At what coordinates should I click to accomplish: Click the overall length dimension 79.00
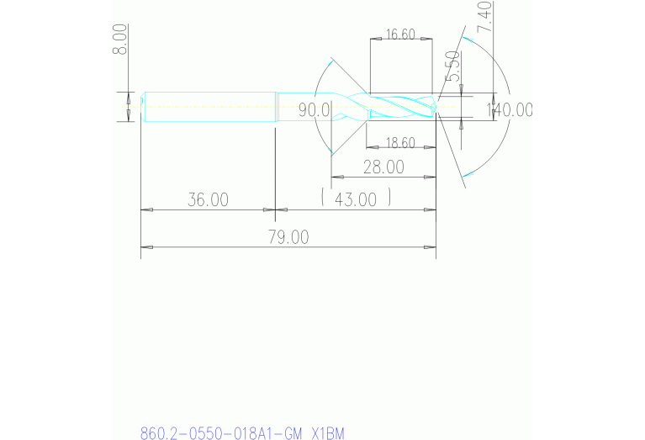click(x=288, y=237)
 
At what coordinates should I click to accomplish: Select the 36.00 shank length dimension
click(x=208, y=199)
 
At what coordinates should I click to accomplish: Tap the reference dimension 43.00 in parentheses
click(x=356, y=199)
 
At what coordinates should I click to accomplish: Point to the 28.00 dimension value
click(x=383, y=167)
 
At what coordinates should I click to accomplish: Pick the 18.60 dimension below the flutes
click(x=399, y=143)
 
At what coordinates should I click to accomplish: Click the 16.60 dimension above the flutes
click(x=400, y=34)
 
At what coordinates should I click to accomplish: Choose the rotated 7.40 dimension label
click(x=484, y=17)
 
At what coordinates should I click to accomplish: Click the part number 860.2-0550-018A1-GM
click(x=221, y=433)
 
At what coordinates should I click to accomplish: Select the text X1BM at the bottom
click(x=328, y=433)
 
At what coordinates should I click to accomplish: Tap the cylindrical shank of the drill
click(x=210, y=107)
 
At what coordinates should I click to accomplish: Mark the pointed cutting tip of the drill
click(x=435, y=107)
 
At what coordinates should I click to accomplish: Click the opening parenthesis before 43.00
click(x=324, y=199)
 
